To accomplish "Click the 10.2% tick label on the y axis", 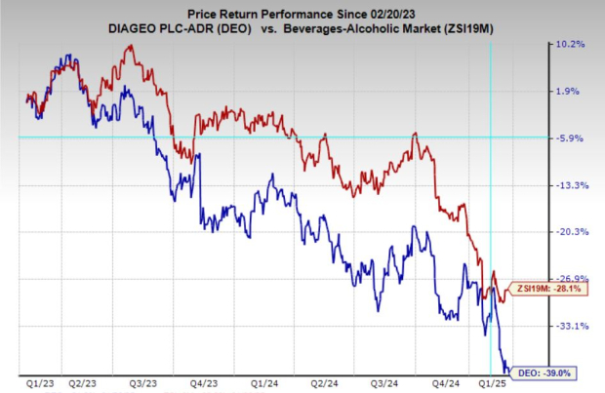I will (x=570, y=45).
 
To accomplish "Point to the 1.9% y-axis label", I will (x=570, y=92).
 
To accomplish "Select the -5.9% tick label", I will (x=570, y=138).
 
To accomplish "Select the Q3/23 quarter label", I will (x=144, y=384).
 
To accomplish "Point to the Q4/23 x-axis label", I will (x=203, y=384).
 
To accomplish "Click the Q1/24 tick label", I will (x=262, y=384).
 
